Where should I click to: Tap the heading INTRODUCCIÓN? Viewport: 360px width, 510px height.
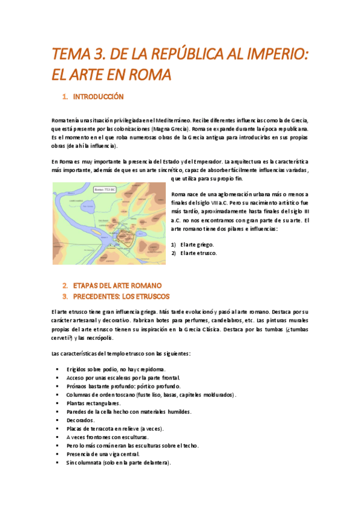click(98, 97)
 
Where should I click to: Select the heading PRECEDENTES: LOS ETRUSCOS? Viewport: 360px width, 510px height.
click(121, 296)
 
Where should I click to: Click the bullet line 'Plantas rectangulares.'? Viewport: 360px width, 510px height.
click(93, 403)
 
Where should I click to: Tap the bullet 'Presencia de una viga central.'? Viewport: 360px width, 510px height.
click(103, 454)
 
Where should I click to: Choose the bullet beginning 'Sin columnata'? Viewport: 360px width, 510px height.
click(118, 463)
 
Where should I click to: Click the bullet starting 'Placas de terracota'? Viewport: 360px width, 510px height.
click(115, 429)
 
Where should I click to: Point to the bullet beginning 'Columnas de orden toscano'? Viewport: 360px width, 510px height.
click(151, 395)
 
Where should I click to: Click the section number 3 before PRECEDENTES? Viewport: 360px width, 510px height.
click(64, 296)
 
